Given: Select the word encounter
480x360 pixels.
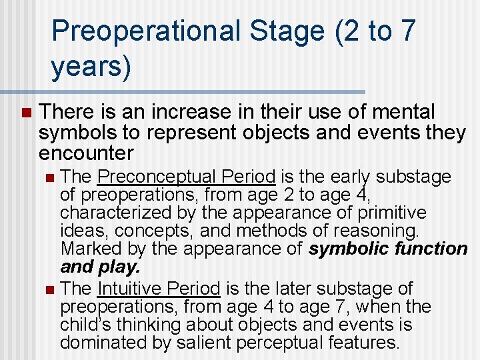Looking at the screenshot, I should pyautogui.click(x=86, y=153).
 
